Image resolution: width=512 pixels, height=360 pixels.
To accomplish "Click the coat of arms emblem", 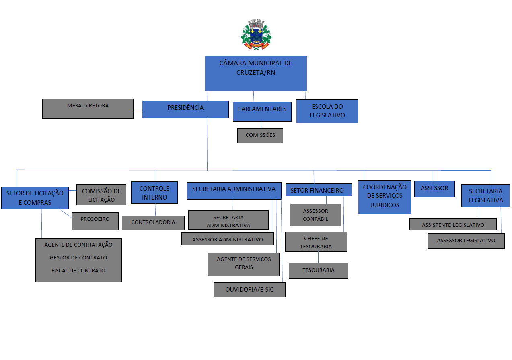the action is tap(256, 34).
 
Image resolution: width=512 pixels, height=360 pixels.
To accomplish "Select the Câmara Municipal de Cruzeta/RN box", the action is tap(256, 73).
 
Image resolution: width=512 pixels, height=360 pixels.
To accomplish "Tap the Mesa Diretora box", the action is tap(88, 109).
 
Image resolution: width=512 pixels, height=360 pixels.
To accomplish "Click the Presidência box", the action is tap(185, 110).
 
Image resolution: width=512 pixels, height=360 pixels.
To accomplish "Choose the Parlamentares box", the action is tap(262, 112).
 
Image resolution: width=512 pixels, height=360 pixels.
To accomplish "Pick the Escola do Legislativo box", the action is tap(327, 111).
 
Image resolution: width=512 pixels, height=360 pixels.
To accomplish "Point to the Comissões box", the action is tap(260, 136).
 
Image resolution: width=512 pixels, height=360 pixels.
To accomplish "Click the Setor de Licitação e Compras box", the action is tap(35, 198).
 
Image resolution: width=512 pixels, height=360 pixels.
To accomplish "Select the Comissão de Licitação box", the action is tap(101, 195).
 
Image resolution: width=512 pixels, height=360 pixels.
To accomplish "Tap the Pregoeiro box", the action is tap(95, 221).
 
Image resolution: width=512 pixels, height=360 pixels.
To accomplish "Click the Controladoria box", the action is tap(153, 223).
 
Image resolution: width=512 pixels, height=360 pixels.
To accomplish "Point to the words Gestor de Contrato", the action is tap(78, 257).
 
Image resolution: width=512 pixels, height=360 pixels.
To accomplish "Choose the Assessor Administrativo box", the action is tap(227, 239).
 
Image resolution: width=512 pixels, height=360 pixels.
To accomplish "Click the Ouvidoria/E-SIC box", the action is tap(249, 290).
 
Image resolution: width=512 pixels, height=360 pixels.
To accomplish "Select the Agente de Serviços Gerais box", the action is tap(244, 264).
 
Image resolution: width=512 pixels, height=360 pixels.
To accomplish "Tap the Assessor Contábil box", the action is tap(315, 215).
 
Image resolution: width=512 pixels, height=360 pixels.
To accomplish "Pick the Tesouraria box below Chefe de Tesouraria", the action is tap(319, 271).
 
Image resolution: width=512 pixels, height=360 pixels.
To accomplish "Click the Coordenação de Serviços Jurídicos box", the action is tap(385, 197).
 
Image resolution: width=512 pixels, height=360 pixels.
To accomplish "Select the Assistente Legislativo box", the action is tap(453, 224).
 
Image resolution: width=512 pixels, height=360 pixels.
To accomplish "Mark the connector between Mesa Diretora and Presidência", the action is tap(138, 111).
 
